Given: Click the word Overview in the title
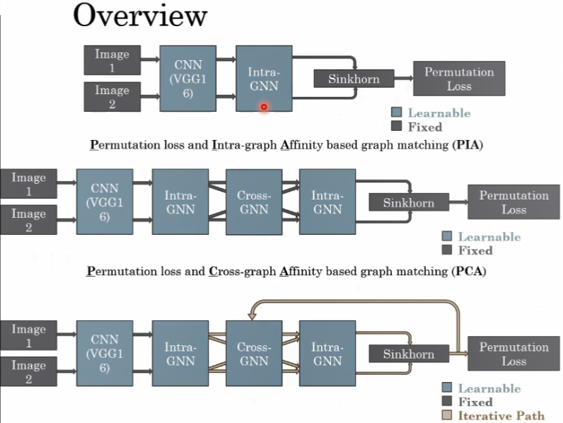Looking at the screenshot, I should coord(140,16).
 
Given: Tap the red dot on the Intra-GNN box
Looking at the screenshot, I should coord(264,107).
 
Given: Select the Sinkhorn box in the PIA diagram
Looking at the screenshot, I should coord(354,79).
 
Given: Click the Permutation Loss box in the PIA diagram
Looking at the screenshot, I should coord(459,79).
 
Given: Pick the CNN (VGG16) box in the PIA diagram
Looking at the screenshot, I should coord(187,78).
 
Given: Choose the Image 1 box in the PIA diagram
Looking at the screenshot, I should coord(112,61).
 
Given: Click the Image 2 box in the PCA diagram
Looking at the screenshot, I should coord(28,220).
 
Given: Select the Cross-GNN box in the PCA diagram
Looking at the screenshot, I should coord(253,202).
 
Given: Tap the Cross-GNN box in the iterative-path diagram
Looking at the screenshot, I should coord(253,354).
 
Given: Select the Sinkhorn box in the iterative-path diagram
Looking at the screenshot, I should coord(409,354).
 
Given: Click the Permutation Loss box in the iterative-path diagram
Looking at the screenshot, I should coord(513,354).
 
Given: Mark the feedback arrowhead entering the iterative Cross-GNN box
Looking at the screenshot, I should coord(250,316).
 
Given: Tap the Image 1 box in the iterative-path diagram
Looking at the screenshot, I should coord(28,336).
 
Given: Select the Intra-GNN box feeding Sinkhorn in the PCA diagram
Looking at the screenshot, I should coord(327,202).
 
